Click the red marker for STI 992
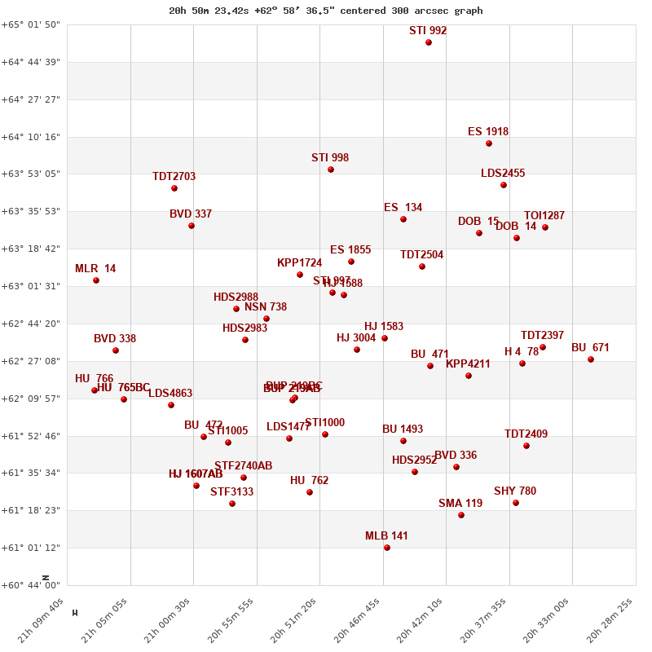(x=429, y=42)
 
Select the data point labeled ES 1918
(x=489, y=143)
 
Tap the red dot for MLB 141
(x=387, y=548)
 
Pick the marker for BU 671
(x=591, y=359)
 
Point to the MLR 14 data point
(x=96, y=280)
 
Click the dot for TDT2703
(x=174, y=188)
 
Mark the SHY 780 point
(x=516, y=503)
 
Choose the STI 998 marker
(x=331, y=170)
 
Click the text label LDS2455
(x=503, y=174)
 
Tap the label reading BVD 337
(x=191, y=214)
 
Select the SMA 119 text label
(x=460, y=504)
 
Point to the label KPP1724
(x=299, y=263)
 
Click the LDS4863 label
(x=170, y=394)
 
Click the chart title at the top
(x=326, y=11)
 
